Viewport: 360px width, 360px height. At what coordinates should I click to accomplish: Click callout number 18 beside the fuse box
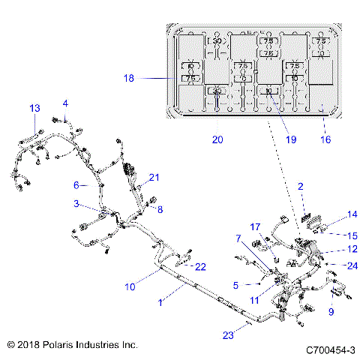point(128,77)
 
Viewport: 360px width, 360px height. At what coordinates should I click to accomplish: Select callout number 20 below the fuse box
point(217,139)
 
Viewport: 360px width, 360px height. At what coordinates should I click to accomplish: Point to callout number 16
point(325,139)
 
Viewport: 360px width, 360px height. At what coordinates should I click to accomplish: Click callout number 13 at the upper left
point(34,109)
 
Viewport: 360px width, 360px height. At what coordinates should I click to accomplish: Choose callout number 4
point(65,103)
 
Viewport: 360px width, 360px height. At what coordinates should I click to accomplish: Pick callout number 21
point(154,178)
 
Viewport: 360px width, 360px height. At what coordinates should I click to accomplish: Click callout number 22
point(200,267)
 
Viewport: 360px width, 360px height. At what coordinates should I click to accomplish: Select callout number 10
point(130,286)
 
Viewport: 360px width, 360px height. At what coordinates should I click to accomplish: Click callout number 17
point(255,226)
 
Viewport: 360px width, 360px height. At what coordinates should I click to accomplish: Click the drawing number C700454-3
point(330,350)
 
